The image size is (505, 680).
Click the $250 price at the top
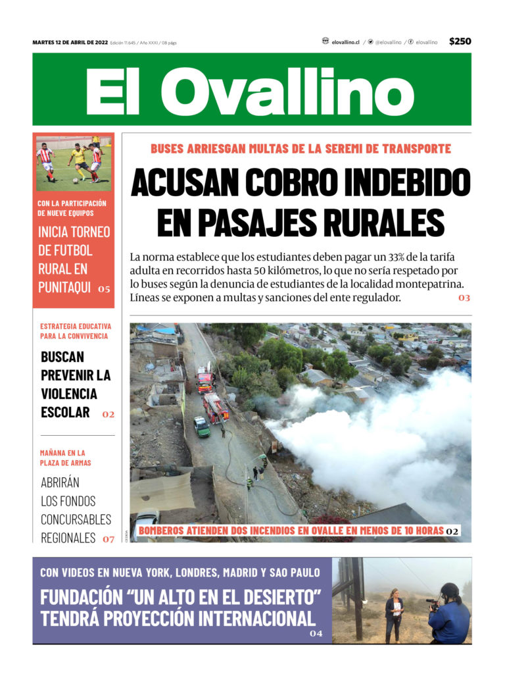[460, 41]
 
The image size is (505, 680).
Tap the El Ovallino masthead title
[250, 90]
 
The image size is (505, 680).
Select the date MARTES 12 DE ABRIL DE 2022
[70, 42]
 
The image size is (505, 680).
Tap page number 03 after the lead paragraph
[464, 298]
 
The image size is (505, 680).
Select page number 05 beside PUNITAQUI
[104, 289]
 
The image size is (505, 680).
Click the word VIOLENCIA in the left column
[69, 394]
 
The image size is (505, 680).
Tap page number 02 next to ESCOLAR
[108, 415]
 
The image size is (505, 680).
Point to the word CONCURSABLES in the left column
[76, 519]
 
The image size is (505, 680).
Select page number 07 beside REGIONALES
[108, 539]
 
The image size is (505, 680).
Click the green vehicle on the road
[202, 427]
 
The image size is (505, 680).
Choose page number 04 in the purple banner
[316, 634]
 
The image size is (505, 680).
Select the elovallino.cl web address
[345, 42]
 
